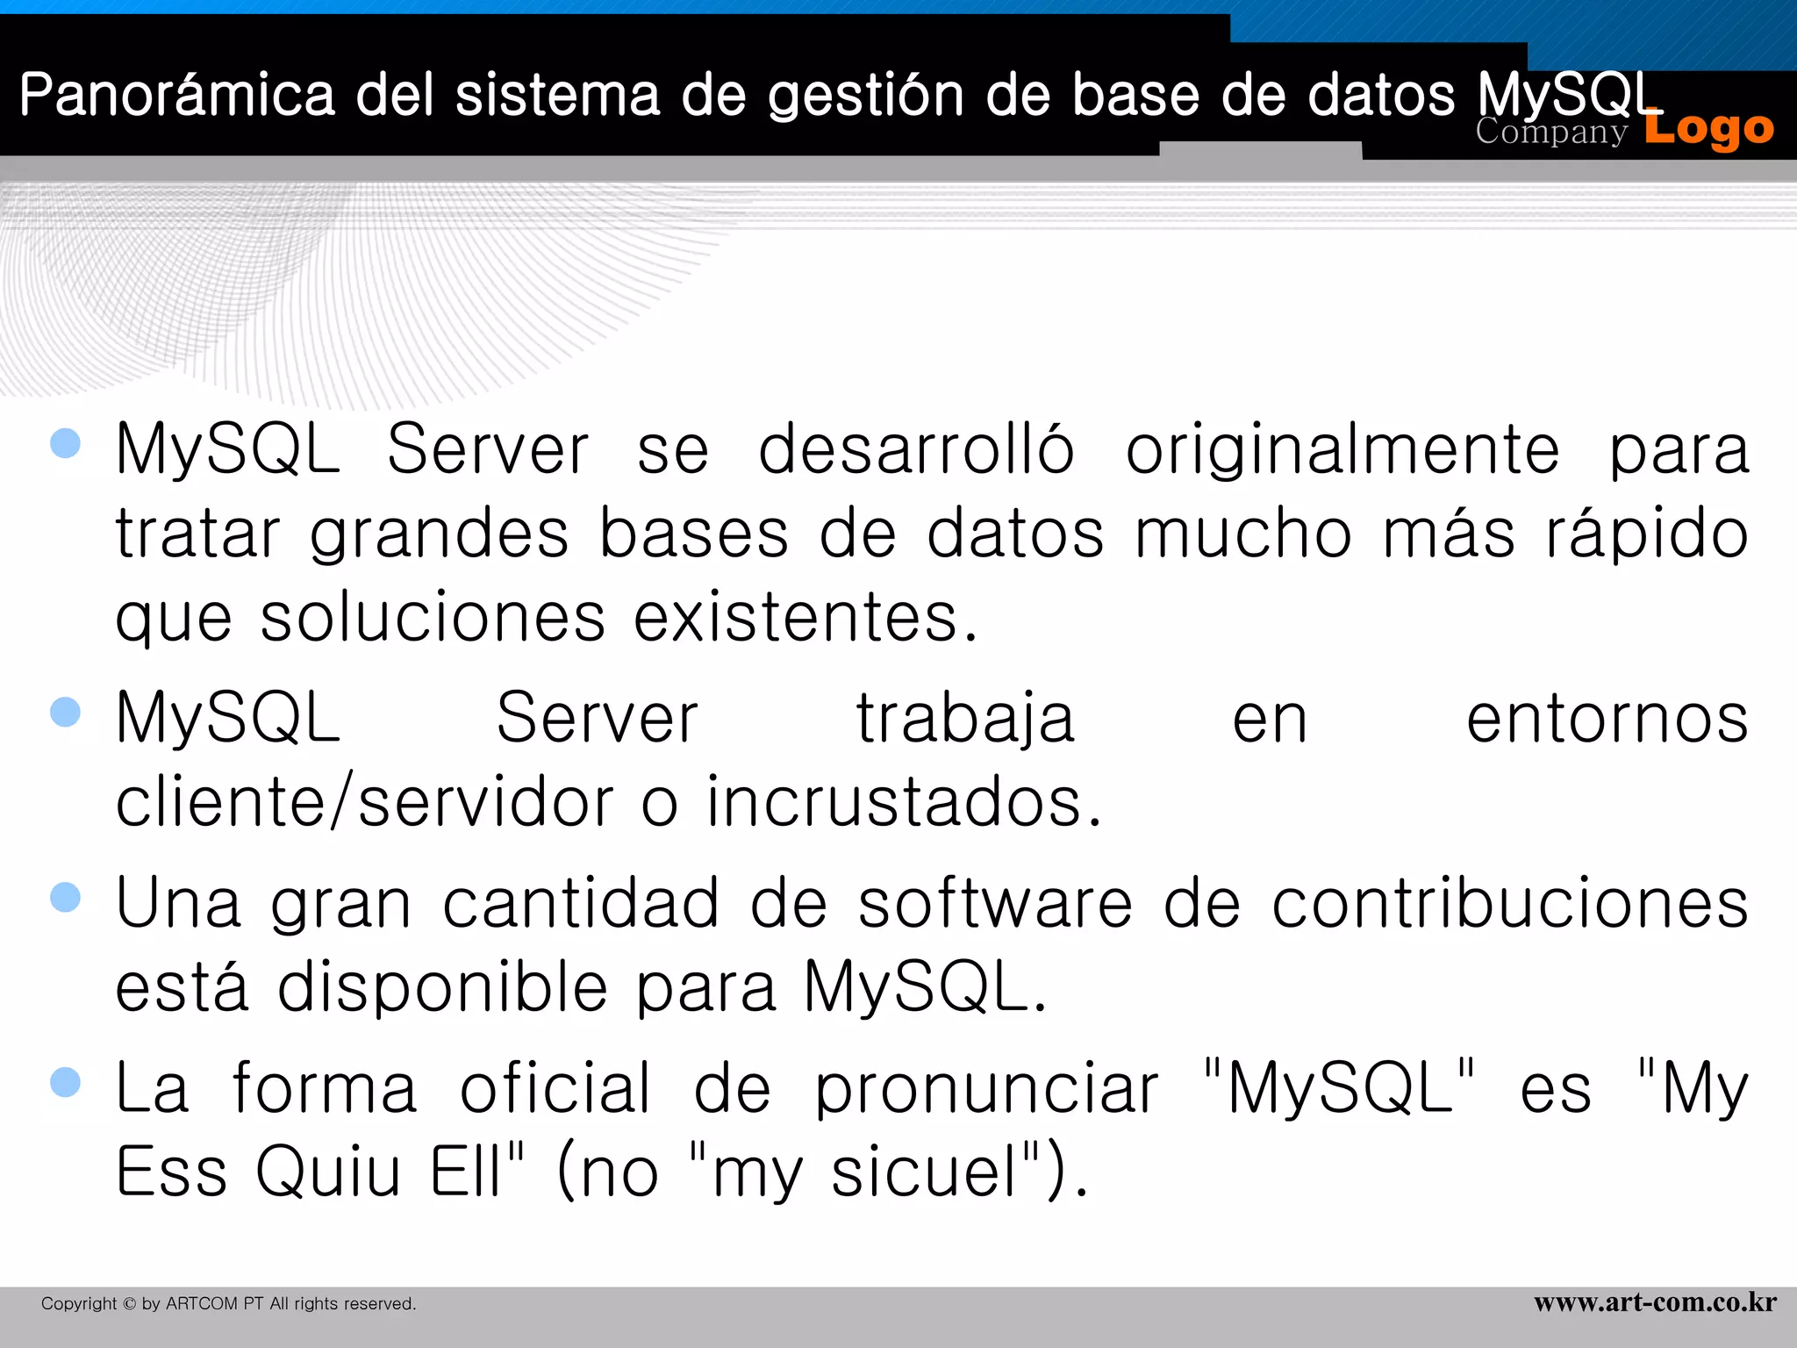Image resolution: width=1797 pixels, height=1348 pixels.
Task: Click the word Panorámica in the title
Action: [x=177, y=95]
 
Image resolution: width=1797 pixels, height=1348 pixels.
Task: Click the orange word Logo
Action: [x=1708, y=129]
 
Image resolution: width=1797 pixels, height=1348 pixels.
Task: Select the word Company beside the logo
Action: [x=1550, y=132]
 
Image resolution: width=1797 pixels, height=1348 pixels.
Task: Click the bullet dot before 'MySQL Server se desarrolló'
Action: [x=66, y=443]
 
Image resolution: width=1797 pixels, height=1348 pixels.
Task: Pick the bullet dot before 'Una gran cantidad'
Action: [x=66, y=897]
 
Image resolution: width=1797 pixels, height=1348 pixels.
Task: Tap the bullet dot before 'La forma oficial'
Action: [x=66, y=1082]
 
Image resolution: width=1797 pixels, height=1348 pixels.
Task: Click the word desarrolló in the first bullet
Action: [x=915, y=449]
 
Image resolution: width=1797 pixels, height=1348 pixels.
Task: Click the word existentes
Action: [x=805, y=618]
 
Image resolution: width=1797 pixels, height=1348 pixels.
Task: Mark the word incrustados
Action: [x=904, y=802]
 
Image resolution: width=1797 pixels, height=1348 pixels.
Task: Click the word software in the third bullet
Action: [x=995, y=904]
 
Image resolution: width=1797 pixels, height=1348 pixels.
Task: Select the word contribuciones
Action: [x=1510, y=904]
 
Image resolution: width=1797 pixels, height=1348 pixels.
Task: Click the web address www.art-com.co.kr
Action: [x=1655, y=1302]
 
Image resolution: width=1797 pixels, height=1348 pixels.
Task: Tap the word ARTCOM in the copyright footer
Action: [x=201, y=1304]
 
